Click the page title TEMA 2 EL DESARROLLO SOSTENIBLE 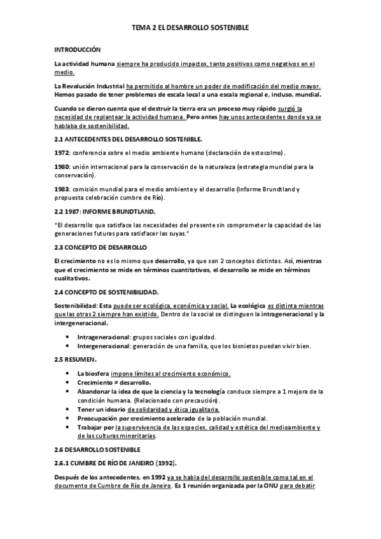pos(190,28)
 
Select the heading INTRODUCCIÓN pos(78,49)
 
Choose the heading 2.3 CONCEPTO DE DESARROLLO pos(100,246)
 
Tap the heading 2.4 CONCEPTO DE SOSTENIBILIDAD pos(106,292)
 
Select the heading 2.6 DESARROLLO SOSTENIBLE pos(95,449)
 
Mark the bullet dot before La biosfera pos(69,373)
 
